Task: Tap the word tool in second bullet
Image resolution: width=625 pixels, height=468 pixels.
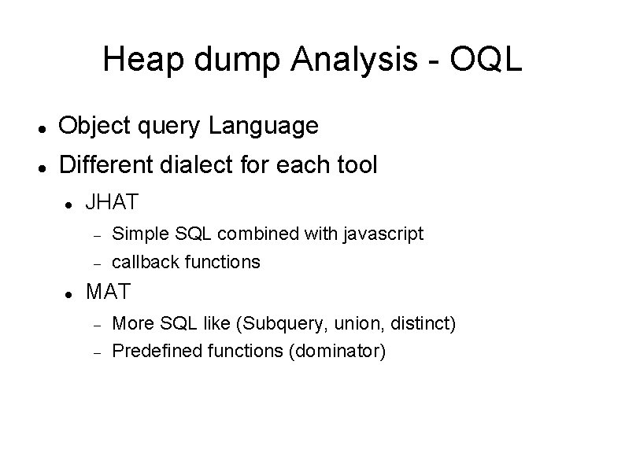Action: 357,165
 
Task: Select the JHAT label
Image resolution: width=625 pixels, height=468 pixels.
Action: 112,203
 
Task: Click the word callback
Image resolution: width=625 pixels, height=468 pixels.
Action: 144,261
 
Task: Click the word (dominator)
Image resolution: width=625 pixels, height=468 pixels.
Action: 338,351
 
